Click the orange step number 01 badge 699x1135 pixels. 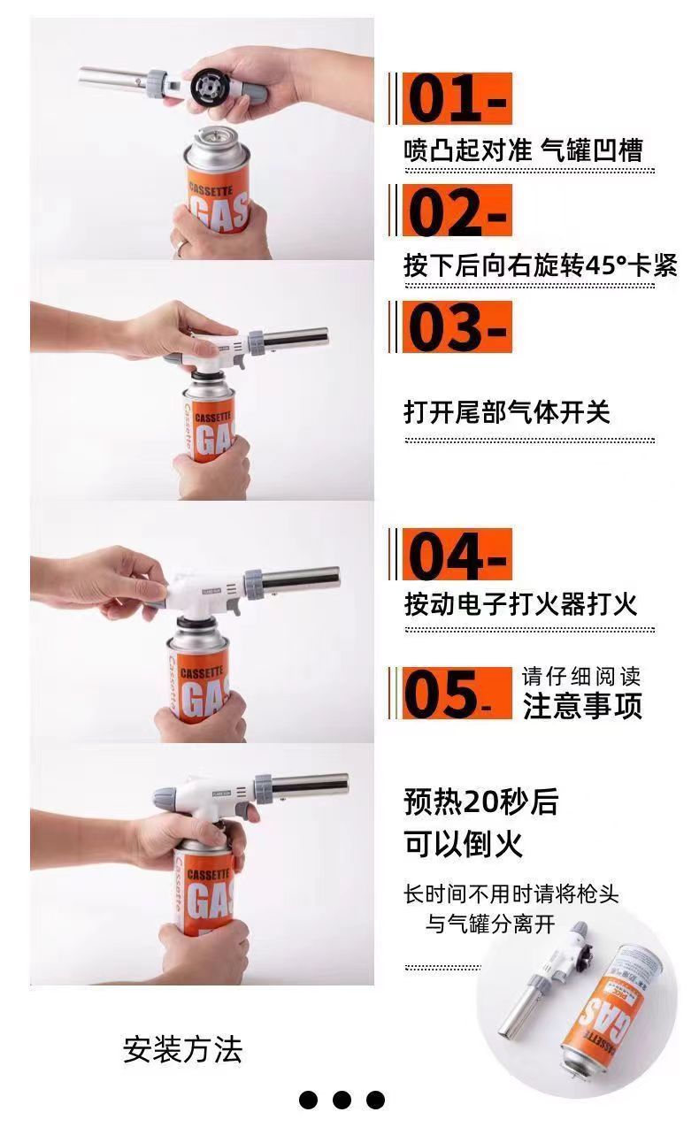point(457,98)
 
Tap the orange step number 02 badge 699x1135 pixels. point(457,211)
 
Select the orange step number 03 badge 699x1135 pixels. point(457,326)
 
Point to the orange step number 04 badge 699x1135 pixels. point(457,555)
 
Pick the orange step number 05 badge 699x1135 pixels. point(457,694)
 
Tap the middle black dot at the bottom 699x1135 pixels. point(342,1100)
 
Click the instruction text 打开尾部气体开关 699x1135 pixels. point(507,412)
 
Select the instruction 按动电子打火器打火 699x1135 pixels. point(520,604)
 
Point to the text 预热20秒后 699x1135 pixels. point(481,802)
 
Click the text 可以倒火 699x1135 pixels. point(464,844)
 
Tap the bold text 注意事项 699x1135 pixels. point(582,706)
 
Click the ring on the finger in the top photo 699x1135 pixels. point(181,246)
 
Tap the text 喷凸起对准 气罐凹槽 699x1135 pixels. point(523,150)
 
